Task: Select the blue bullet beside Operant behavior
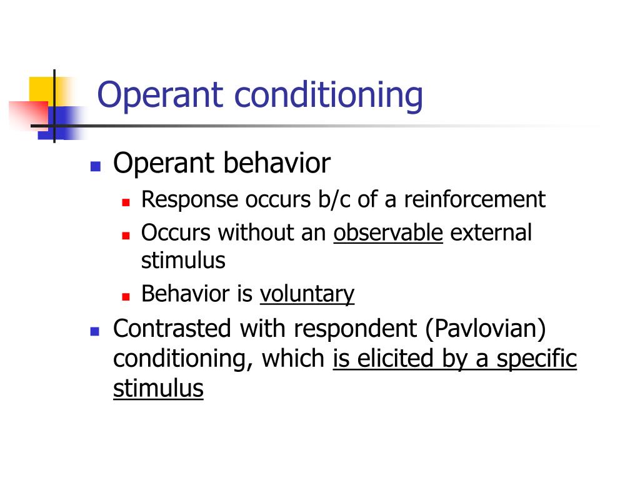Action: click(96, 167)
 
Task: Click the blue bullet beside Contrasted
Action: click(96, 331)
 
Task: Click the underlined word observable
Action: click(388, 232)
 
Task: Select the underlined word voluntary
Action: click(307, 294)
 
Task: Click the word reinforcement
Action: click(474, 200)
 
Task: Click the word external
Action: click(491, 232)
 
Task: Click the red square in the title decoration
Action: click(28, 115)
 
